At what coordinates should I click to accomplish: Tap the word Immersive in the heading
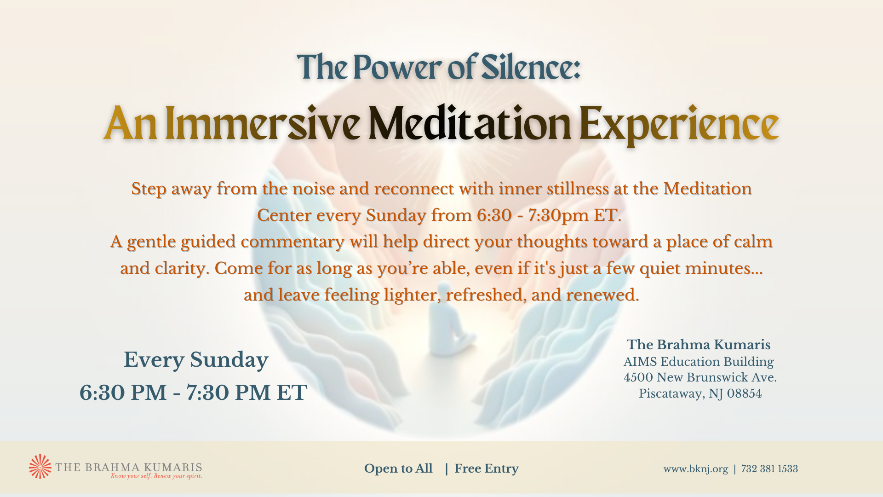[x=262, y=123]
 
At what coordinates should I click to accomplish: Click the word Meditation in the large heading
[x=470, y=123]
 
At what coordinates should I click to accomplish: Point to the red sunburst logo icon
[x=40, y=466]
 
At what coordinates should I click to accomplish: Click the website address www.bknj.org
[x=695, y=469]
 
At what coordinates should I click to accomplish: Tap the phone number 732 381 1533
[x=769, y=469]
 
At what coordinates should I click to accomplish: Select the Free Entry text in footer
[x=487, y=468]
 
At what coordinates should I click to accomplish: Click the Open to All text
[x=398, y=468]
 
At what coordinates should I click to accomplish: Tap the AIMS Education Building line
[x=699, y=362]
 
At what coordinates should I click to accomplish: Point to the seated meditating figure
[x=448, y=331]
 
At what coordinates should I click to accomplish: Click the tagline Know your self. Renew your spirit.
[x=156, y=476]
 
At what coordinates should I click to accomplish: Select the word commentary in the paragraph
[x=292, y=242]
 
